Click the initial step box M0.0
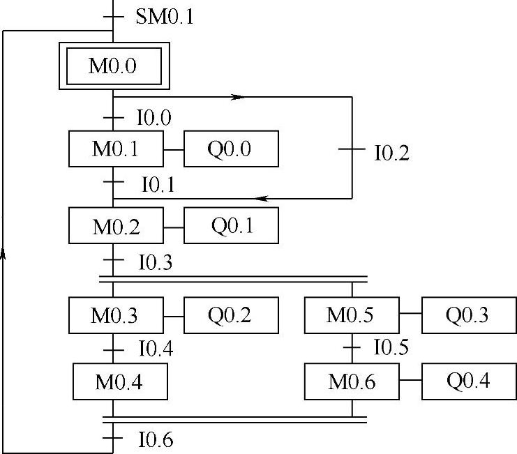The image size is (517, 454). pyautogui.click(x=113, y=66)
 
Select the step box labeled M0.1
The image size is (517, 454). pyautogui.click(x=116, y=149)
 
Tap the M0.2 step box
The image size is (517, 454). pyautogui.click(x=116, y=225)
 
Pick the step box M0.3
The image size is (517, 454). pyautogui.click(x=116, y=315)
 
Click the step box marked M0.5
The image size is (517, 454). pyautogui.click(x=352, y=315)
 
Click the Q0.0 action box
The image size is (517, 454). pyautogui.click(x=231, y=149)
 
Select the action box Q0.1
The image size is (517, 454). pyautogui.click(x=231, y=225)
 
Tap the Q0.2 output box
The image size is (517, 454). pyautogui.click(x=231, y=315)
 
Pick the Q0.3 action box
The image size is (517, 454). pyautogui.click(x=468, y=315)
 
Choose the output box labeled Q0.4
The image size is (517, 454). pyautogui.click(x=468, y=381)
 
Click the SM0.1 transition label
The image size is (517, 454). pyautogui.click(x=165, y=16)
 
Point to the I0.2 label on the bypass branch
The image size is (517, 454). pyautogui.click(x=391, y=153)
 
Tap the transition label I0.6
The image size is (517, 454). pyautogui.click(x=156, y=440)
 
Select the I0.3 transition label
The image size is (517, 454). pyautogui.click(x=156, y=262)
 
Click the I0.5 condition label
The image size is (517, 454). pyautogui.click(x=391, y=347)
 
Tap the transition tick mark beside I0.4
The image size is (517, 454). pyautogui.click(x=113, y=349)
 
